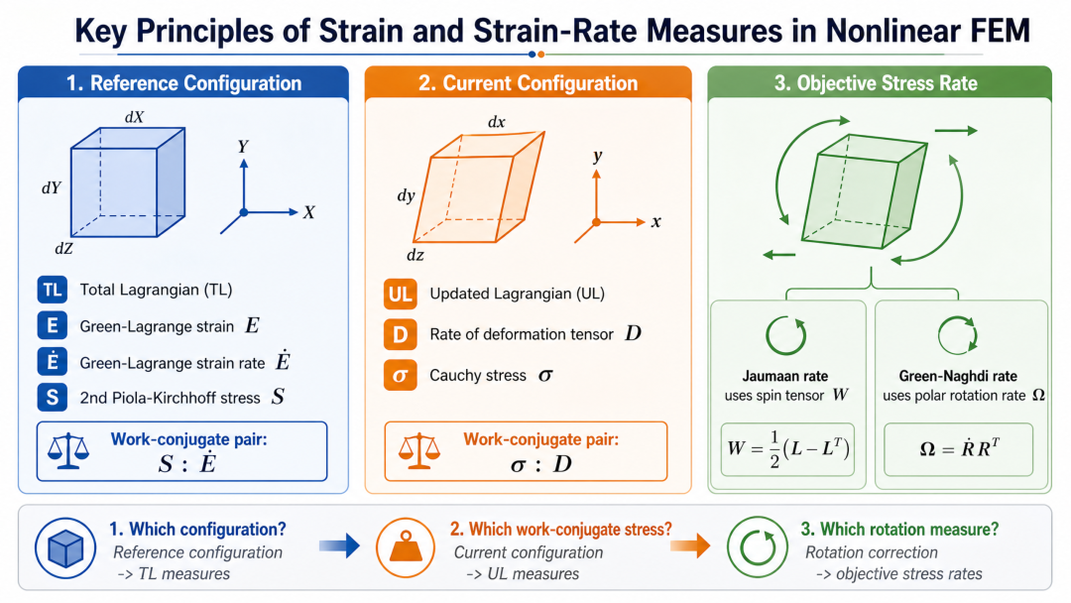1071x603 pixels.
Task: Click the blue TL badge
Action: (x=52, y=290)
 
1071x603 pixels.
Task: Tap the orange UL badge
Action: (x=400, y=294)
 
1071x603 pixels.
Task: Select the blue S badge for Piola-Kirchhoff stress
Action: (x=52, y=398)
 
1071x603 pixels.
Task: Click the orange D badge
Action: (x=400, y=334)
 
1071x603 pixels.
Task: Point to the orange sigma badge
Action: (x=400, y=375)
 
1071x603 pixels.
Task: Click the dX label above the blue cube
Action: (x=135, y=117)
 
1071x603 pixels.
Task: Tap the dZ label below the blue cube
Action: (x=63, y=249)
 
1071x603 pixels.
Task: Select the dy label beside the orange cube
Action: (x=407, y=196)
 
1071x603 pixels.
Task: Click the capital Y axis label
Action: (x=243, y=146)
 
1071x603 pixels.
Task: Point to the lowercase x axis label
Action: (x=655, y=222)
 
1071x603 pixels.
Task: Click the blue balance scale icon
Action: (x=68, y=451)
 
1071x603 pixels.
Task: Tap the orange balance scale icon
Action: (x=418, y=450)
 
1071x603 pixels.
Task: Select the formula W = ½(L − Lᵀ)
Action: (x=787, y=448)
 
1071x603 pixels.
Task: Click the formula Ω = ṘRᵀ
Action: (x=959, y=448)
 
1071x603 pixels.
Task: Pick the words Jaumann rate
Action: (x=784, y=376)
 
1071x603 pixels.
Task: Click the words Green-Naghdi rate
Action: (x=958, y=376)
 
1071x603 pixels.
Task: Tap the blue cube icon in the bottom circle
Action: (x=65, y=547)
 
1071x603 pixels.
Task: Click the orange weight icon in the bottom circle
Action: (x=405, y=547)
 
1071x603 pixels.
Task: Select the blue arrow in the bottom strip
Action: (x=339, y=544)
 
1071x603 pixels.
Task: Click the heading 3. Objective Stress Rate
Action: (x=876, y=83)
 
